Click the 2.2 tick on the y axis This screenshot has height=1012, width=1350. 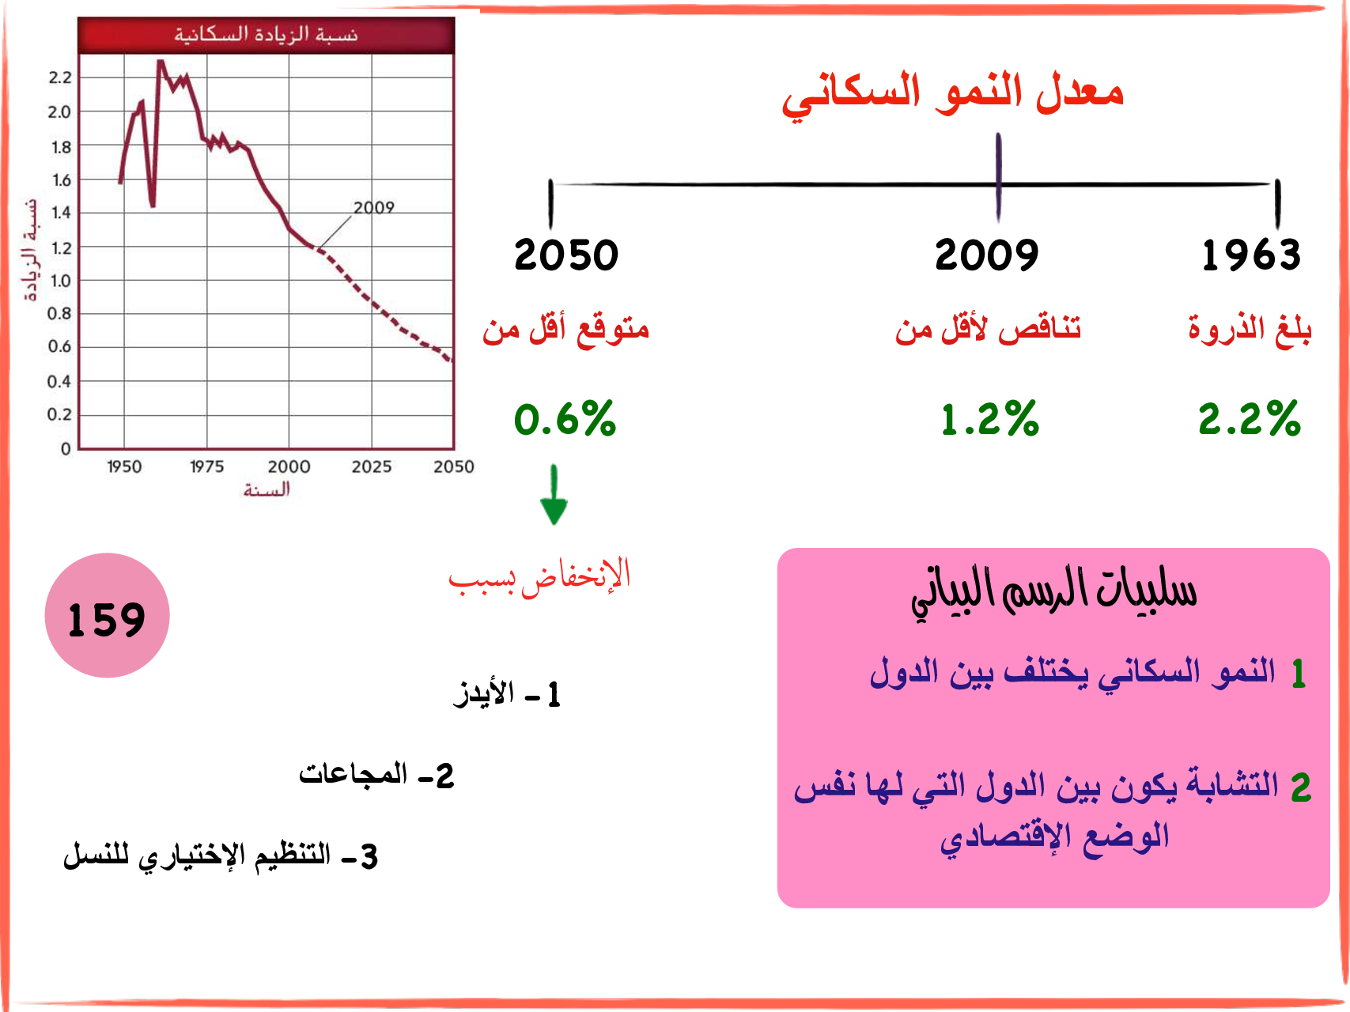(60, 77)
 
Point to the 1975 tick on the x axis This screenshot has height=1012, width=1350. (206, 467)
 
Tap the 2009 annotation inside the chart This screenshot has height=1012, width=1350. (373, 207)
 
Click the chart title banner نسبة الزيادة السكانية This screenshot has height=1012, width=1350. (267, 35)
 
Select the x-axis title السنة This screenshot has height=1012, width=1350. (267, 490)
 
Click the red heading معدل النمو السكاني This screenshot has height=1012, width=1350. (952, 93)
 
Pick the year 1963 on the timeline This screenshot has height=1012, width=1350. (1251, 255)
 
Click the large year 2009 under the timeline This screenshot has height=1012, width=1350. (986, 255)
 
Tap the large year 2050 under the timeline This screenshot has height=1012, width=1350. (566, 255)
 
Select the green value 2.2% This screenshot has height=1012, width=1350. (1249, 419)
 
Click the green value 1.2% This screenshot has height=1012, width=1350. (989, 419)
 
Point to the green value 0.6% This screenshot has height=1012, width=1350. (565, 419)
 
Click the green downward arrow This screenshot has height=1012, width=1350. (554, 495)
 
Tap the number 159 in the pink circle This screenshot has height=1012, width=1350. (107, 619)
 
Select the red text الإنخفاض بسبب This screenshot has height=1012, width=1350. (539, 576)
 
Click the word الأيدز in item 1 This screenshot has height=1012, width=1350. (484, 693)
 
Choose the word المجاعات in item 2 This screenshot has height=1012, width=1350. (353, 772)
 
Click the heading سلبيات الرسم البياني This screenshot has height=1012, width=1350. (1053, 592)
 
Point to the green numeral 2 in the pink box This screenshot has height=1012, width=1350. (1301, 788)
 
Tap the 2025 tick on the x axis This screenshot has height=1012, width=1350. (372, 467)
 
